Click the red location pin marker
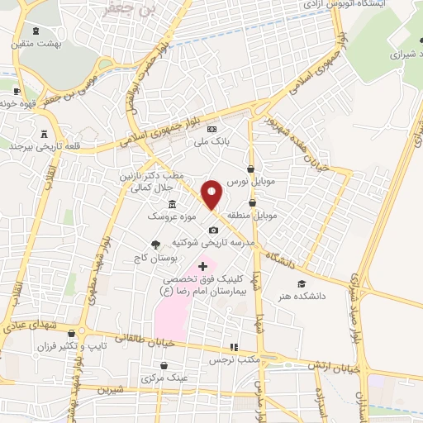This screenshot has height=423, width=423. point(212,195)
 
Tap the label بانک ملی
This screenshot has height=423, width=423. point(211,141)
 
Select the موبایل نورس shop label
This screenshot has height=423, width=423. point(249,180)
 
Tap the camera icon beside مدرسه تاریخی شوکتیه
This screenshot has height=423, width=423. point(213,230)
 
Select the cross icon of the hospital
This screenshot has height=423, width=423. point(203,266)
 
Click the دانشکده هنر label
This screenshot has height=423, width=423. point(302,295)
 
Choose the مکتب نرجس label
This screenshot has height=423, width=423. point(233,360)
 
